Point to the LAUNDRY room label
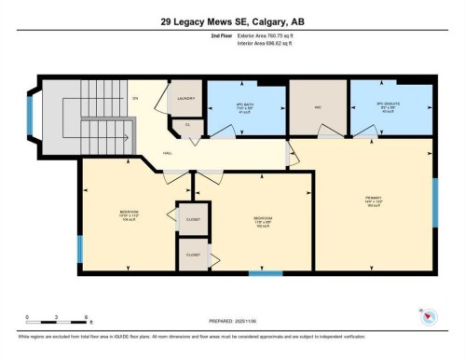(x=185, y=97)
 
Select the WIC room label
(x=317, y=106)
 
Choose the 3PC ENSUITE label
(x=389, y=106)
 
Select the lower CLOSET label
(x=193, y=253)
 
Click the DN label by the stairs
(x=135, y=97)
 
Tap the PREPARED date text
(x=231, y=322)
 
